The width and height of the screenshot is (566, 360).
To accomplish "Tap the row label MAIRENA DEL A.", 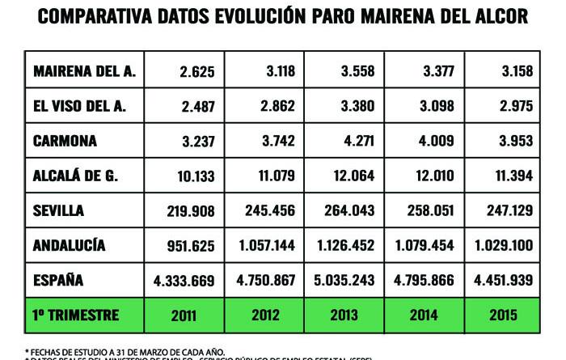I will pyautogui.click(x=84, y=71).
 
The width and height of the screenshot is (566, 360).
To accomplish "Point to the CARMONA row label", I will pyautogui.click(x=65, y=141).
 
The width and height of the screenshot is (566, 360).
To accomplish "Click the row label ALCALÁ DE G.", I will pyautogui.click(x=75, y=176).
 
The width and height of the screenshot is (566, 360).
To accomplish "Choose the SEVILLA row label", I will pyautogui.click(x=59, y=210).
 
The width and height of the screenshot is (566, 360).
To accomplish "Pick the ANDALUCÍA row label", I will pyautogui.click(x=70, y=245).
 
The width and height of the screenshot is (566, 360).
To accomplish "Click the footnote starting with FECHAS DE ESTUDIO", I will pyautogui.click(x=126, y=350).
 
